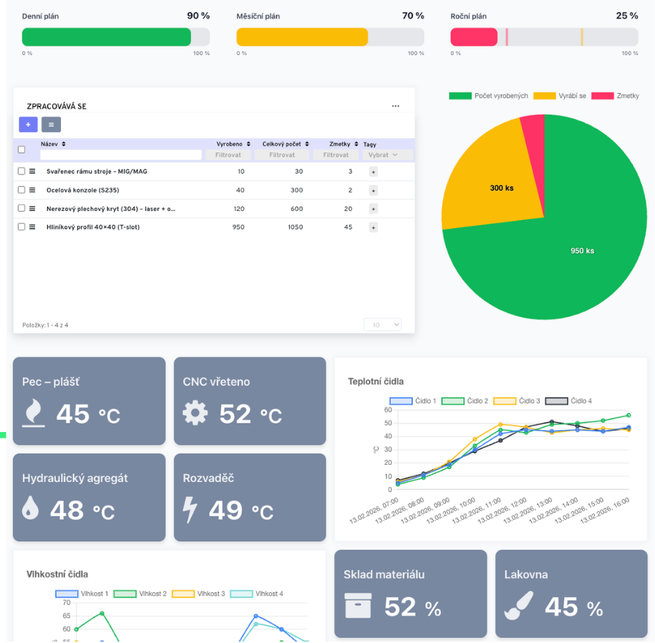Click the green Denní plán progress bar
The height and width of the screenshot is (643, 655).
tap(107, 37)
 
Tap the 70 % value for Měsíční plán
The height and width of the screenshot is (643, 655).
tap(413, 16)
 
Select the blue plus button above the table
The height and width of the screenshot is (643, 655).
tap(28, 124)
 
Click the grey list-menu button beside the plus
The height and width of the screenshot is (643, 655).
tap(51, 124)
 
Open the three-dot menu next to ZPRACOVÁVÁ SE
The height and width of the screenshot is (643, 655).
tap(395, 107)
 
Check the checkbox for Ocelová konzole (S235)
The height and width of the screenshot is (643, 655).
tap(21, 190)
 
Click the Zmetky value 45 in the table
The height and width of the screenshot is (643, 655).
tap(348, 227)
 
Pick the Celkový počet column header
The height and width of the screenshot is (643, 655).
tap(285, 144)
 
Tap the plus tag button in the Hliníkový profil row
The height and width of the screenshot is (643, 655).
tap(373, 227)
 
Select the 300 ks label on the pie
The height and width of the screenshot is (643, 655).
tap(501, 188)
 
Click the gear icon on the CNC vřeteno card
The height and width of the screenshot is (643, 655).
tap(195, 413)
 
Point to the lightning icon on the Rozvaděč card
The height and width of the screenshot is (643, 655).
tap(190, 509)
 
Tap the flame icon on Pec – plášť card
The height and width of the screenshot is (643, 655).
tap(34, 413)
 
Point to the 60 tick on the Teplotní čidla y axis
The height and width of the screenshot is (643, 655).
tap(388, 410)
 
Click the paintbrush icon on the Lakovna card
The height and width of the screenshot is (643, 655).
tap(518, 606)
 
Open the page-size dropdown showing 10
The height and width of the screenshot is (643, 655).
tap(382, 325)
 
